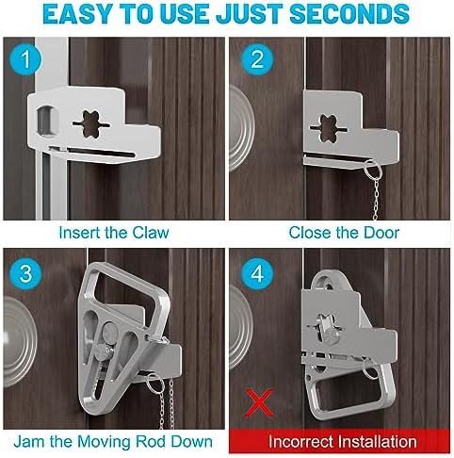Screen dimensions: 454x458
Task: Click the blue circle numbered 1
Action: click(25, 58)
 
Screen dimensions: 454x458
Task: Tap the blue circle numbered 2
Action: click(257, 58)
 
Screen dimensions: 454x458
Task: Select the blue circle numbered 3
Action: click(25, 273)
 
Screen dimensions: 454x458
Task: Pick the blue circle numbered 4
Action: click(257, 273)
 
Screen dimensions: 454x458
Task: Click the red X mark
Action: click(259, 402)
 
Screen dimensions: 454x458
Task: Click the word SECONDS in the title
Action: click(349, 14)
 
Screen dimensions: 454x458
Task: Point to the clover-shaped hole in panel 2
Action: click(329, 128)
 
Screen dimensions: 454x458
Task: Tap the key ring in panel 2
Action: click(373, 170)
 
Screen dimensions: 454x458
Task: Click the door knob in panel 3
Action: click(19, 342)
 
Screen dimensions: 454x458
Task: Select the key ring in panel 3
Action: click(155, 384)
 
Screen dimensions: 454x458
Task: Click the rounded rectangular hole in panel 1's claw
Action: click(48, 121)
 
